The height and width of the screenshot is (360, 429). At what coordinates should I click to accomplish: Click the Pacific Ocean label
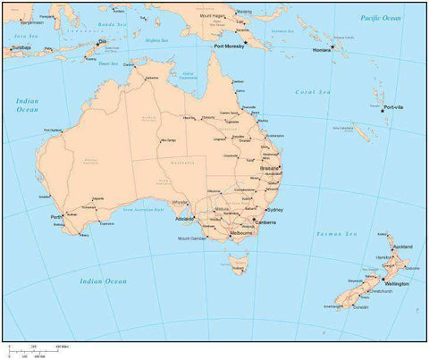[381, 18]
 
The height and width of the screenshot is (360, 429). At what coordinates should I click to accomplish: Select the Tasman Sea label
[336, 233]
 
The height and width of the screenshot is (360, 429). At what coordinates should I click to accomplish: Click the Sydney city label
[274, 210]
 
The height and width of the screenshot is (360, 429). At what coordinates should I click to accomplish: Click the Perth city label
[56, 217]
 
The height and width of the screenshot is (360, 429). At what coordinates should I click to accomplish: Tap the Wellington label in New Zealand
[397, 284]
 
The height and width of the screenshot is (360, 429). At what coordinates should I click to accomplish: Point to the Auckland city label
[402, 246]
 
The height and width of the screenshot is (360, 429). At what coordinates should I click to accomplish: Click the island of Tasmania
[237, 264]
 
